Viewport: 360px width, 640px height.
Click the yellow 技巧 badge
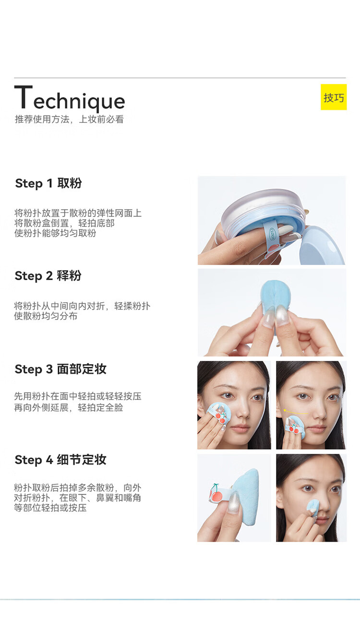pos(334,97)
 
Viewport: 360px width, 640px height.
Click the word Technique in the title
pos(70,98)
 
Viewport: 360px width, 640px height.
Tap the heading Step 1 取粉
pos(48,183)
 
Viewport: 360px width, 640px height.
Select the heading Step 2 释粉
pos(48,276)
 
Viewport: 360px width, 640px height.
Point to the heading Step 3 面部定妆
pos(60,369)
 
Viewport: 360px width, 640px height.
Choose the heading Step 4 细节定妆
pos(60,460)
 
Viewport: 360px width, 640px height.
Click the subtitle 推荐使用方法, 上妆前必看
pos(69,119)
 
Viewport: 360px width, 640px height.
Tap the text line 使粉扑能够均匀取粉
pos(55,233)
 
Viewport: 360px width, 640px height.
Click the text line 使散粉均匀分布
pos(46,316)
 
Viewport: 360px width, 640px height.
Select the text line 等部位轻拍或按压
pos(50,508)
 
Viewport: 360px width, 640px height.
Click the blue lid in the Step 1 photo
pos(322,246)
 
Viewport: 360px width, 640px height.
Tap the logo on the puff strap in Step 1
pos(272,231)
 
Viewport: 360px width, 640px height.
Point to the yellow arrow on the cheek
pos(295,411)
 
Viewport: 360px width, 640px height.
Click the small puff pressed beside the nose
pos(313,508)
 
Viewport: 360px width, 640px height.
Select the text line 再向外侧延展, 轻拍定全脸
pos(69,407)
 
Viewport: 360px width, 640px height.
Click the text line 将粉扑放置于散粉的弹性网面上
pos(78,213)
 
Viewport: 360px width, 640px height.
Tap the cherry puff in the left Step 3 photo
pos(218,415)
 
